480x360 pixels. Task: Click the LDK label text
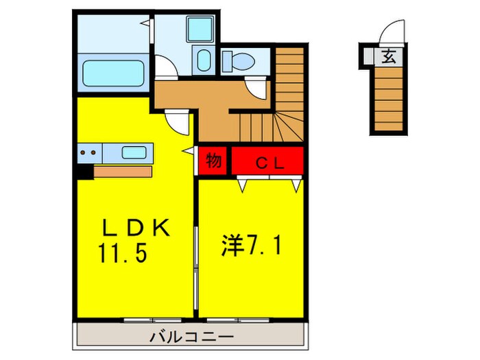135,228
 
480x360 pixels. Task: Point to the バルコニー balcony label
190,337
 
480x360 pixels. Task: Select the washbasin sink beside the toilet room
203,60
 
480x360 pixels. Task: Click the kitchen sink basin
135,153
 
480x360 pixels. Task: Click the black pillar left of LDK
83,171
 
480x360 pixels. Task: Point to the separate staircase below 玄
388,99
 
